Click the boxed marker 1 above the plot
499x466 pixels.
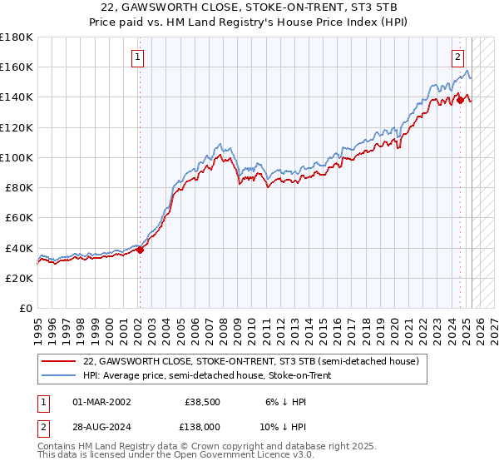coord(139,57)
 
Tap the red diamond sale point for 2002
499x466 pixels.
coord(140,249)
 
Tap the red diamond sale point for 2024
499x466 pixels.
coord(460,99)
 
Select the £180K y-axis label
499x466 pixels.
coord(17,37)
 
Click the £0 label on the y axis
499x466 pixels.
coord(25,308)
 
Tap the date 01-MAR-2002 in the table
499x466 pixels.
coord(101,402)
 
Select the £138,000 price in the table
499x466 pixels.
coord(203,426)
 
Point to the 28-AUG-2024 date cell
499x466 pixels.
coord(102,426)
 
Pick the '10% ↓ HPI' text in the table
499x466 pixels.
coord(285,426)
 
